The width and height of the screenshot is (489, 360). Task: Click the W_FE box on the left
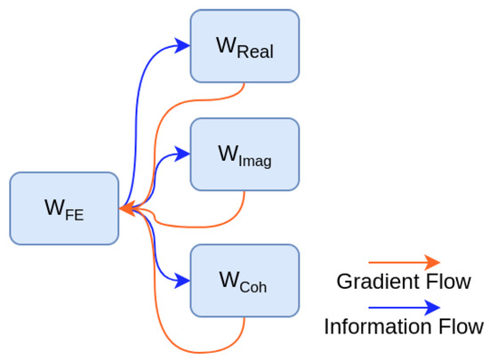[64, 209]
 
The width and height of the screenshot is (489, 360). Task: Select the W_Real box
[244, 46]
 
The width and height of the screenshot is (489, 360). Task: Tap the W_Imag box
[244, 154]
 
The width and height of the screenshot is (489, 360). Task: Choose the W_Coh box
[244, 280]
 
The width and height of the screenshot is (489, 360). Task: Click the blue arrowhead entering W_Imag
[182, 154]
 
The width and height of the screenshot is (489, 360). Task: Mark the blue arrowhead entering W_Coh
[182, 280]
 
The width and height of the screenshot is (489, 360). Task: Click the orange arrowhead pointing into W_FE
[127, 210]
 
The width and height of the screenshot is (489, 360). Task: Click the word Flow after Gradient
[449, 282]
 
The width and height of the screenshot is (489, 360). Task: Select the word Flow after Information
[462, 326]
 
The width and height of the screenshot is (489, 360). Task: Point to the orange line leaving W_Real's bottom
[243, 89]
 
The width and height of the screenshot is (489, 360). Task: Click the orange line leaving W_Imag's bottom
[243, 197]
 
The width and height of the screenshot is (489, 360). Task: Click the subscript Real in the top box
[255, 52]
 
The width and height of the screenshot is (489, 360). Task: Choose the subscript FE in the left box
[74, 215]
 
